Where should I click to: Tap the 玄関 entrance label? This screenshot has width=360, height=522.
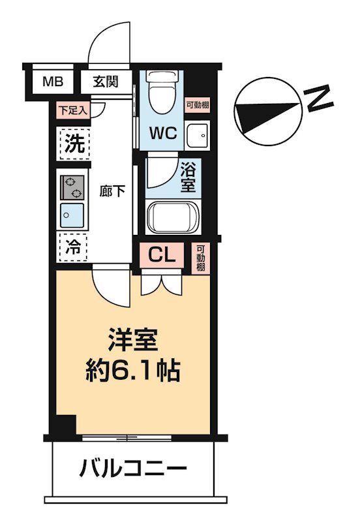105,82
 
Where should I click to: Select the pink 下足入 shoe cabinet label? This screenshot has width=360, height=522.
72,110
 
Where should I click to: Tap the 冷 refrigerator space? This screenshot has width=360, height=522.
72,247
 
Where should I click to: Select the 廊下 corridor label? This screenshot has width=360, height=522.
112,192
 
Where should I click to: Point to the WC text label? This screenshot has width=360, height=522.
164,133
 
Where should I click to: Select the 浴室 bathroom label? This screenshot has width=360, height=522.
188,176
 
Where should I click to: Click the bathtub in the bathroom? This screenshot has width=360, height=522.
172,217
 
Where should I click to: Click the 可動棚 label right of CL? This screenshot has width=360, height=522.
201,258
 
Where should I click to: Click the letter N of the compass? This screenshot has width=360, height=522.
320,99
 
